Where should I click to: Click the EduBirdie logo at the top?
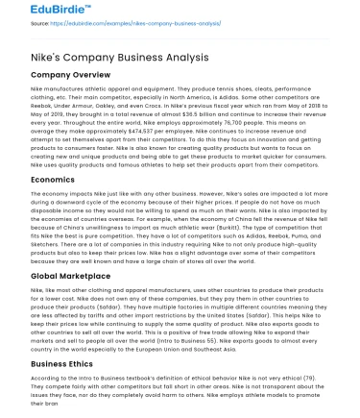coord(39,12)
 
